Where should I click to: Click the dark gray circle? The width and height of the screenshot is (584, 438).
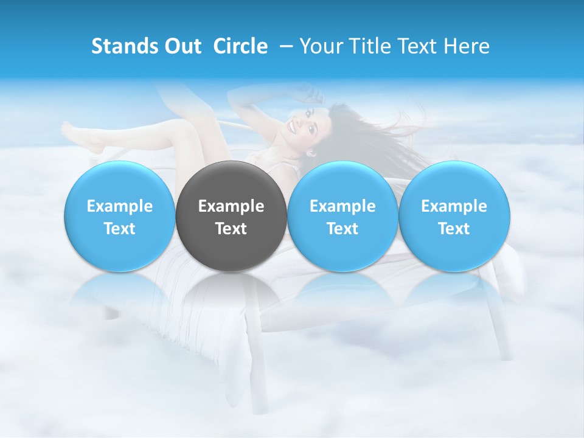point(231,216)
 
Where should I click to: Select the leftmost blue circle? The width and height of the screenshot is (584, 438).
point(120,216)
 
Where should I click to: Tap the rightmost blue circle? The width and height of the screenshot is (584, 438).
point(454,216)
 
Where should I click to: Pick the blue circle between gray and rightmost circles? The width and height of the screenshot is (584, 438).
point(342,216)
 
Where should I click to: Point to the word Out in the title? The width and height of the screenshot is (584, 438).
point(180,46)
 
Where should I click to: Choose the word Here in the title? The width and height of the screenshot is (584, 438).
point(468,46)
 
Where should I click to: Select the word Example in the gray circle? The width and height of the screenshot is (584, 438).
point(231,206)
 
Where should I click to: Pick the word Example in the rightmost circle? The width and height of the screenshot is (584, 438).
point(454,206)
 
